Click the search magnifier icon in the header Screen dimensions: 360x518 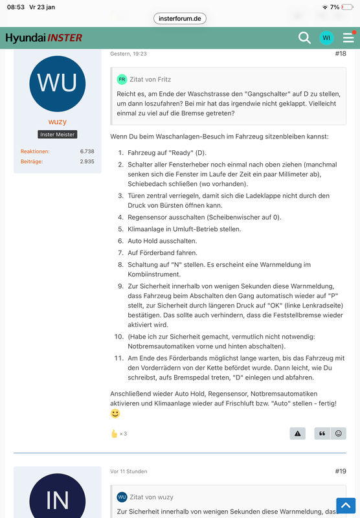pos(304,38)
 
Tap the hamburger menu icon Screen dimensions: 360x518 pos(348,38)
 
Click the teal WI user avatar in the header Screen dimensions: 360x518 pos(326,38)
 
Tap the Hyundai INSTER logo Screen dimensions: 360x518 pos(44,38)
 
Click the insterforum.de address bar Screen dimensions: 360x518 pos(180,18)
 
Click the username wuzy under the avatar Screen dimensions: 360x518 pos(57,120)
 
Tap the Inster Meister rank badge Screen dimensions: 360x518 pos(57,135)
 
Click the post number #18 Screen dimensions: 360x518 pos(341,54)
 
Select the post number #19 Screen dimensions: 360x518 pos(341,471)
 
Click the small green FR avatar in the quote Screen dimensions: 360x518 pos(122,79)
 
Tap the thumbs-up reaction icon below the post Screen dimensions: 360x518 pos(115,433)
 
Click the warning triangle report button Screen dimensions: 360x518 pos(298,433)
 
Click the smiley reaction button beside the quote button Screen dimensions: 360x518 pos(338,433)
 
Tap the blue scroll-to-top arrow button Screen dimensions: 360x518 pos(346,505)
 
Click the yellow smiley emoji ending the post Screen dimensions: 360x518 pos(115,413)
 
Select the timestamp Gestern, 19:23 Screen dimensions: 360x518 pos(128,54)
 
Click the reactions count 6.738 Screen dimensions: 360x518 pos(87,152)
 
